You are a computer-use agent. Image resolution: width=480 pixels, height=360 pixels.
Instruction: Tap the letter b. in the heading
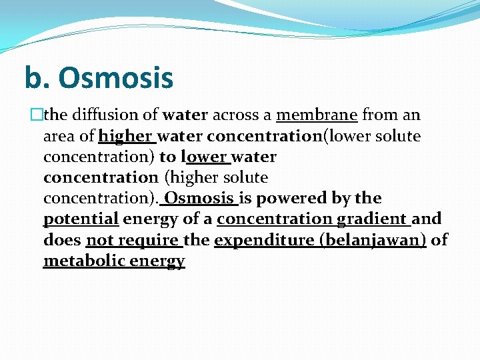(x=36, y=77)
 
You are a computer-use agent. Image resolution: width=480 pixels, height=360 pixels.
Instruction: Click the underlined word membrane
(x=317, y=115)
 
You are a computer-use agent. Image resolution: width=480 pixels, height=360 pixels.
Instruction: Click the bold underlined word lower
(x=204, y=157)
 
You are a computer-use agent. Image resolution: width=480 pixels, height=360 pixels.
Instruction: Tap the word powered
(x=290, y=199)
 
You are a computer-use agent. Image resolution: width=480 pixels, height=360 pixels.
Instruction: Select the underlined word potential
(x=81, y=219)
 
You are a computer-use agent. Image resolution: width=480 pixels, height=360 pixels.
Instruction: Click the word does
(x=62, y=240)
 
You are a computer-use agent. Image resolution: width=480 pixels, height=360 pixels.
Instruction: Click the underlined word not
(x=99, y=240)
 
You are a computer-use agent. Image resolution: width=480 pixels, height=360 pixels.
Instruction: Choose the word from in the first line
(x=380, y=115)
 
